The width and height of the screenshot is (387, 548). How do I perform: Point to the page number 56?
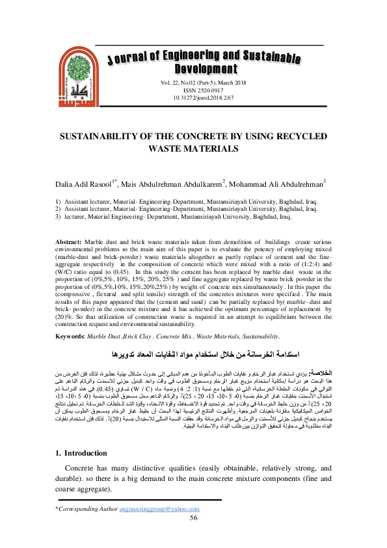click(193, 535)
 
